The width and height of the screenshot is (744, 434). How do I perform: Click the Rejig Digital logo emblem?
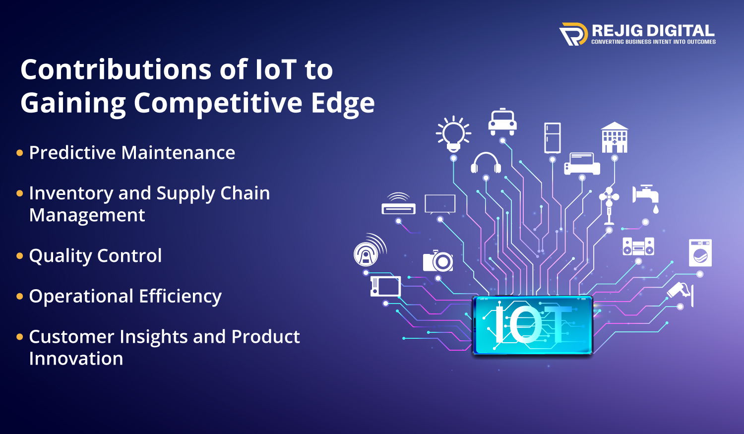tap(573, 34)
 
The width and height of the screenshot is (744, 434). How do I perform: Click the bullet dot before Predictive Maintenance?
tap(20, 153)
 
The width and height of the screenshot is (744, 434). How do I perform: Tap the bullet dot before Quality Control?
tap(20, 256)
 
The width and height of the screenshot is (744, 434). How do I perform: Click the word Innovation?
tap(76, 359)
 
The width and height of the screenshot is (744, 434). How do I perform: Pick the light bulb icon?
tap(453, 133)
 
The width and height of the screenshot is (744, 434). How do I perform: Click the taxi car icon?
tap(502, 122)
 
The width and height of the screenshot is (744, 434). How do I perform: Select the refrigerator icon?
tap(552, 137)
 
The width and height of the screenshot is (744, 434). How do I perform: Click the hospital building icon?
tap(615, 137)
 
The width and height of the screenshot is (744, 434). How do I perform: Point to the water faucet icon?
tap(646, 197)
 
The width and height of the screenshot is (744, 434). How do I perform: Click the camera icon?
tap(438, 261)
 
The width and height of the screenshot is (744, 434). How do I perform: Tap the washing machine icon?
tap(700, 253)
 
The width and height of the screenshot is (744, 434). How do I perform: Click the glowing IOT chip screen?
tap(532, 325)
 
